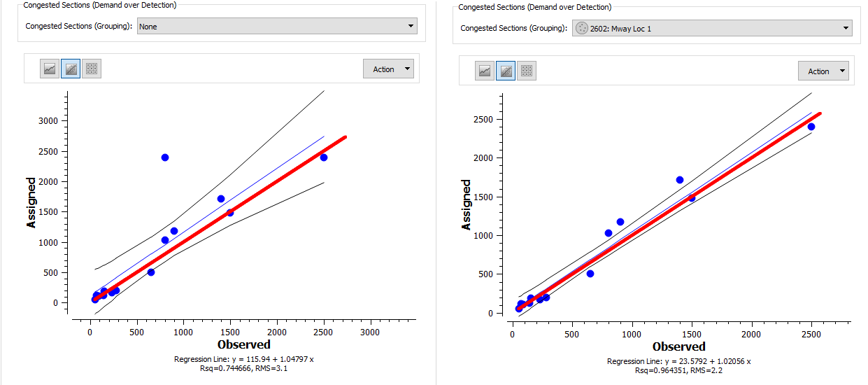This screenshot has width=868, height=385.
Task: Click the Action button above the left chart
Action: (x=388, y=69)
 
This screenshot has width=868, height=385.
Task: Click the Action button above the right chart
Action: (x=823, y=71)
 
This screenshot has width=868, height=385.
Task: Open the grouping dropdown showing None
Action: (x=276, y=27)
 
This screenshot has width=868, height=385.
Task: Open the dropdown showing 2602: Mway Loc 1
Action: (x=711, y=29)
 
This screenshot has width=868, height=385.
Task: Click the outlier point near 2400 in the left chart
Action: (x=165, y=157)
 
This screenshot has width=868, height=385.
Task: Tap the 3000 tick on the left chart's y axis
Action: (x=50, y=121)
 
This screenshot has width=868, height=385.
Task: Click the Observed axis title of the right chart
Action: (x=678, y=346)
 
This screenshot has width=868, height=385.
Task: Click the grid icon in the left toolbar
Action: (x=92, y=69)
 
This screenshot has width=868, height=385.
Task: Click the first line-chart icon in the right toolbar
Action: (x=485, y=71)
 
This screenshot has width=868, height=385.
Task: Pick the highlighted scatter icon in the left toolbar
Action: (x=71, y=69)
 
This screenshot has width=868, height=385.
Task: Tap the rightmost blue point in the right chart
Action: (x=811, y=127)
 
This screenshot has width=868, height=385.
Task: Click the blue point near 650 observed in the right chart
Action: (x=590, y=274)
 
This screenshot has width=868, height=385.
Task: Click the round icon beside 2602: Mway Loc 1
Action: (x=581, y=29)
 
